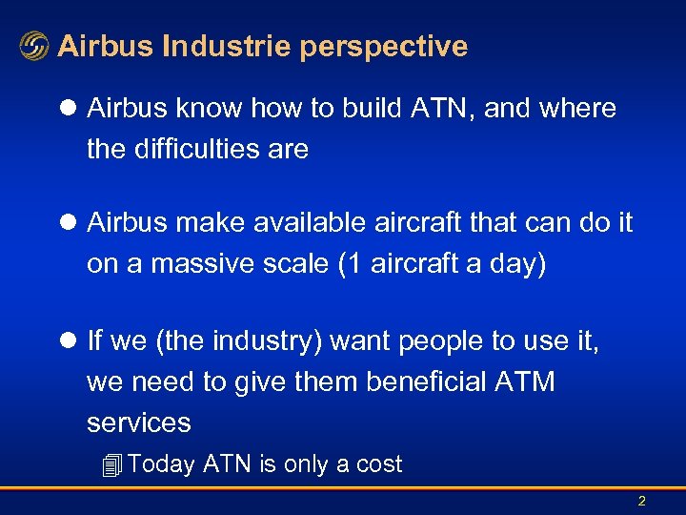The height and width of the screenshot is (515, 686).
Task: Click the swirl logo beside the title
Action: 33,47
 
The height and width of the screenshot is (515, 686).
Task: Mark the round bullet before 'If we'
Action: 70,340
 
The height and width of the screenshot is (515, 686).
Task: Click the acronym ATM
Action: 525,381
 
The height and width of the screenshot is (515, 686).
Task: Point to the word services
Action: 139,422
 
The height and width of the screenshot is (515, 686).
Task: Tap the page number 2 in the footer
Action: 641,501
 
